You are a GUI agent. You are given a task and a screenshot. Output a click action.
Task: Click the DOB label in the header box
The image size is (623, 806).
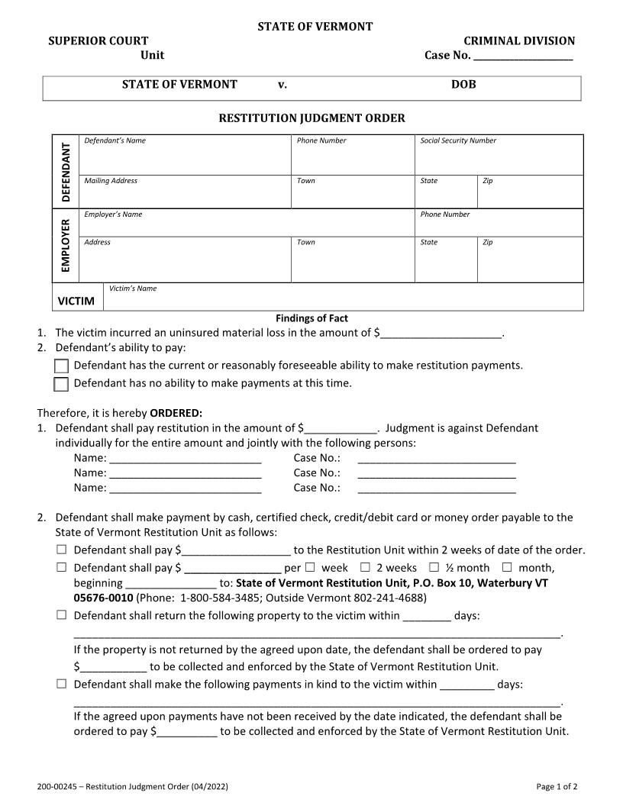pyautogui.click(x=463, y=85)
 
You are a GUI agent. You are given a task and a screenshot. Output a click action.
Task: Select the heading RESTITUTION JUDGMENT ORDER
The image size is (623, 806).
pyautogui.click(x=312, y=118)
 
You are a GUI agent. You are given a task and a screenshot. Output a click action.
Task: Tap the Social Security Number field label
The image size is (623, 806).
pyautogui.click(x=458, y=140)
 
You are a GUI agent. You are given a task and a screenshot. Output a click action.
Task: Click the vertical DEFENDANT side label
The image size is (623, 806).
pyautogui.click(x=66, y=172)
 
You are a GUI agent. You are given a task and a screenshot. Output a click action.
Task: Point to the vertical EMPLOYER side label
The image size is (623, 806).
pyautogui.click(x=66, y=245)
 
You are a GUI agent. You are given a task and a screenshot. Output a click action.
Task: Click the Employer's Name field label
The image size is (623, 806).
pyautogui.click(x=113, y=214)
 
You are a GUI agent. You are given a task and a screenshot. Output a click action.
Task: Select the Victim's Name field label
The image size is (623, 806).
pyautogui.click(x=133, y=289)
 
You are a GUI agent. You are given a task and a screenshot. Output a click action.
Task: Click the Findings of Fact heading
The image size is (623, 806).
pyautogui.click(x=311, y=318)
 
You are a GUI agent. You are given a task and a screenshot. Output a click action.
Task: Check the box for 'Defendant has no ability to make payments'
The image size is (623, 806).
pyautogui.click(x=61, y=384)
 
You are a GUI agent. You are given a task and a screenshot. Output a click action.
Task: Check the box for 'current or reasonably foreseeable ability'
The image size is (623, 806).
pyautogui.click(x=61, y=366)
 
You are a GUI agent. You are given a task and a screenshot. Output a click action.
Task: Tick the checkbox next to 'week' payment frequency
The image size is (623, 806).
pyautogui.click(x=310, y=567)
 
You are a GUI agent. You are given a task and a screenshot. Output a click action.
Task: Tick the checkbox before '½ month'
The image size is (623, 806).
pyautogui.click(x=434, y=567)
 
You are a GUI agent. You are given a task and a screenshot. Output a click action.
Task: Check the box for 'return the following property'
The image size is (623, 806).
pyautogui.click(x=62, y=615)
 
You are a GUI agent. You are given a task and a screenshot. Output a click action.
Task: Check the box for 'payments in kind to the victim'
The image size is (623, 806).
pyautogui.click(x=62, y=684)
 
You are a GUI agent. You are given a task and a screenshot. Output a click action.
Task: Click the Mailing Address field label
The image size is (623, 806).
pyautogui.click(x=111, y=181)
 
